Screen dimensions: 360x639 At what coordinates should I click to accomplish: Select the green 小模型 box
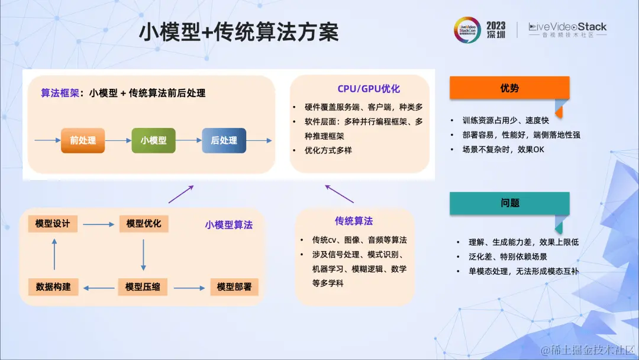click(x=153, y=140)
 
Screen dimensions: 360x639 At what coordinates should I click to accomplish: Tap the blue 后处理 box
click(x=224, y=140)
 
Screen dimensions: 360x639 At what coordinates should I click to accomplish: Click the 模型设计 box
click(x=53, y=223)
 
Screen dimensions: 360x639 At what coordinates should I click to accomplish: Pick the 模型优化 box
click(x=144, y=223)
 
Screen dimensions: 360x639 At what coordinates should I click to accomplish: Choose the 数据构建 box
click(x=53, y=287)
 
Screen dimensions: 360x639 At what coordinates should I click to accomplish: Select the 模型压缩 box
click(x=143, y=287)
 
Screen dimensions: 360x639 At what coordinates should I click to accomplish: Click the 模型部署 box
click(x=234, y=287)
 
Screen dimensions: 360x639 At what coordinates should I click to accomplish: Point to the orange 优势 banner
click(x=509, y=88)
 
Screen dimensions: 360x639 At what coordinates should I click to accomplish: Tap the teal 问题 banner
click(x=509, y=203)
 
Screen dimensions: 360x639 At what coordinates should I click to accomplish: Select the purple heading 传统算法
click(x=354, y=221)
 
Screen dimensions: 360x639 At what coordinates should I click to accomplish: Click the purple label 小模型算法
click(x=229, y=225)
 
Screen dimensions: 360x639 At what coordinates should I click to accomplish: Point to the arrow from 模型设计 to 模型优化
click(x=98, y=224)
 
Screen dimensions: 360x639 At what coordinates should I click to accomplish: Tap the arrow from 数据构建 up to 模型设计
click(x=54, y=254)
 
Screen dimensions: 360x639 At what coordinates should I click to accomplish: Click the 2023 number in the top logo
click(x=496, y=26)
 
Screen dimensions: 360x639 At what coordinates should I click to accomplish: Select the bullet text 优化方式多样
click(x=328, y=150)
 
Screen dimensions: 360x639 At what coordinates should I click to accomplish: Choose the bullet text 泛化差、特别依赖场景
click(x=508, y=256)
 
